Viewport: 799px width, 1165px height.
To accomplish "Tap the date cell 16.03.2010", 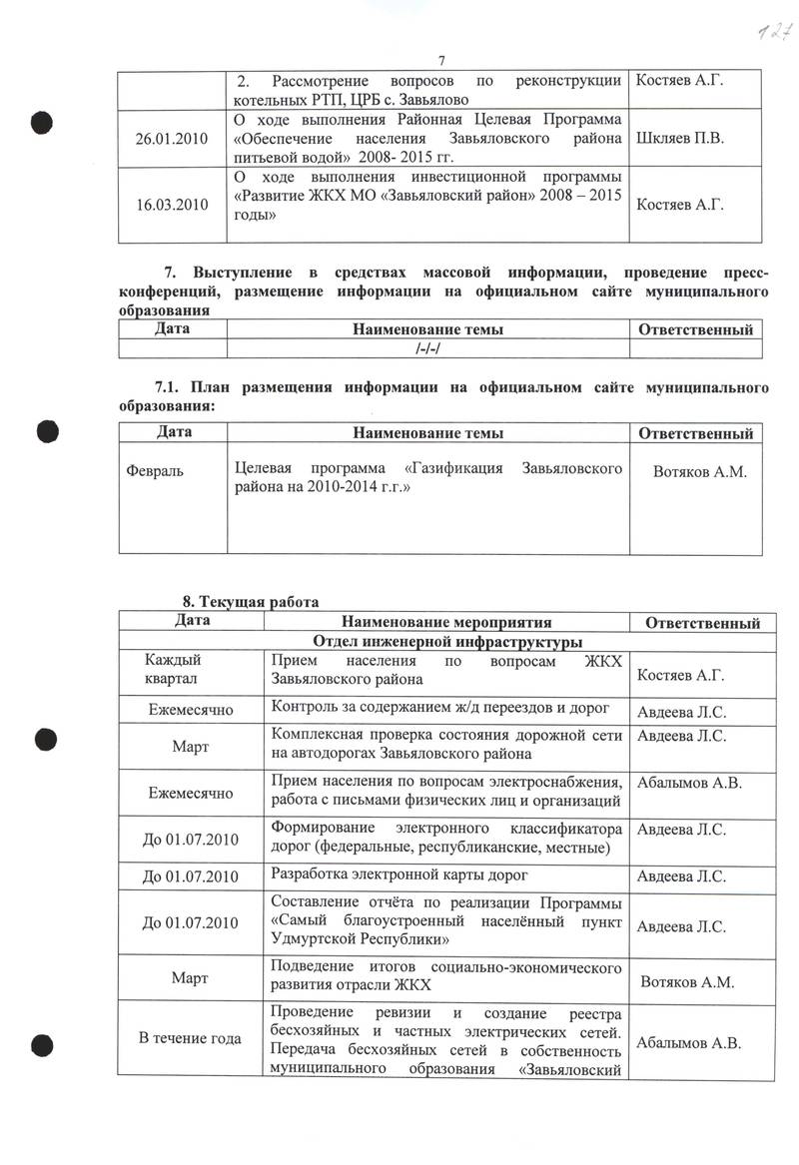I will pos(173,205).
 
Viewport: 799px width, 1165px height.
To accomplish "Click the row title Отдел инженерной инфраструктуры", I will pos(448,642).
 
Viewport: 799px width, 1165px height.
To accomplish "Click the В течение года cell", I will pos(190,1038).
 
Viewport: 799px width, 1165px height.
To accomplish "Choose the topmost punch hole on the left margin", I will pos(40,122).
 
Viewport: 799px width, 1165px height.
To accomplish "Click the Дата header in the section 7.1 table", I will pos(174,432).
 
